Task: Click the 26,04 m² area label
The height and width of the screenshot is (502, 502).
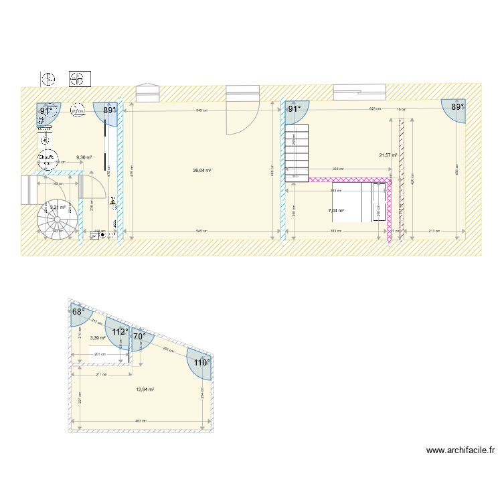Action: (x=202, y=171)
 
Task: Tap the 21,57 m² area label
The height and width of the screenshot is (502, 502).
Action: (x=388, y=155)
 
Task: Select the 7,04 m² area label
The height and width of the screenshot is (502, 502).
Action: (x=336, y=211)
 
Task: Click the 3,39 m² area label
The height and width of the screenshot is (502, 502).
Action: (x=98, y=339)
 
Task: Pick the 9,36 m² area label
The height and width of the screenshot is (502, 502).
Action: (x=84, y=157)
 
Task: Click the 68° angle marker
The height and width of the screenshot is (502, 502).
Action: (x=78, y=312)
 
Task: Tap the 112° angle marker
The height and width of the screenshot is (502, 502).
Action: (x=120, y=331)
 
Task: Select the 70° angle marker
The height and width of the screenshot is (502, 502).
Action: (x=139, y=337)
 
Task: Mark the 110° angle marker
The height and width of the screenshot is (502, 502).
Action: (x=201, y=362)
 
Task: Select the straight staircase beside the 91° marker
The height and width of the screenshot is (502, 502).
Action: (x=297, y=153)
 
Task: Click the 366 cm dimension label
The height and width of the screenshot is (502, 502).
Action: (x=339, y=168)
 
